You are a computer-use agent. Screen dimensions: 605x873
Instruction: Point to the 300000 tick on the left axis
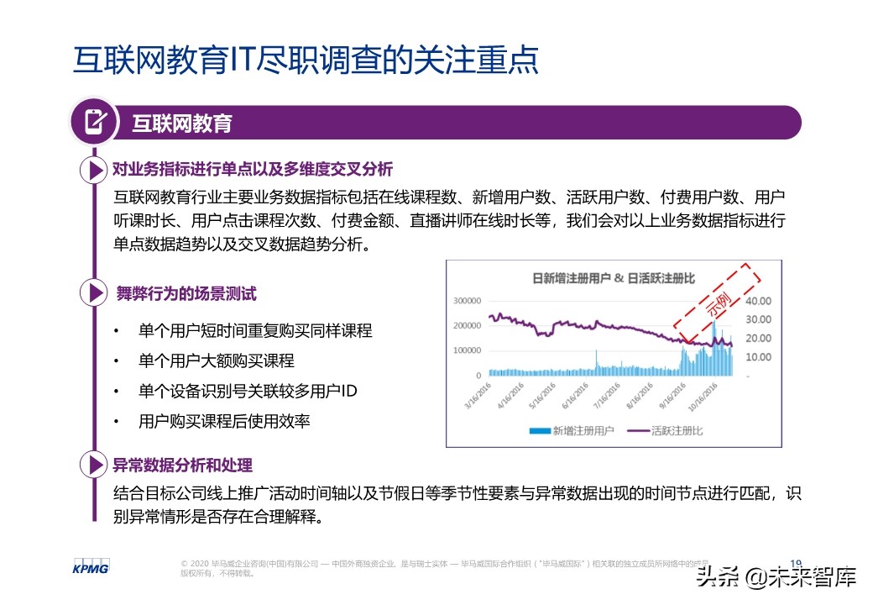tap(467, 300)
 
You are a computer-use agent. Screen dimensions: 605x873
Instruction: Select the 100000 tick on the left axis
tap(467, 350)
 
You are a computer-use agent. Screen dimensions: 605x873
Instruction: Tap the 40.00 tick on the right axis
tap(758, 301)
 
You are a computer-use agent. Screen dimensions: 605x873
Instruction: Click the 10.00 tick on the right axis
tap(758, 357)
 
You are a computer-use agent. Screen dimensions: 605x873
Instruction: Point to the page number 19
tap(797, 563)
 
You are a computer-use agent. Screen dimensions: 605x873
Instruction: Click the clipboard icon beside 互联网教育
tap(95, 122)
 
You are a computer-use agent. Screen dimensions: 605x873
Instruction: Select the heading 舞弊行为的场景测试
tap(186, 293)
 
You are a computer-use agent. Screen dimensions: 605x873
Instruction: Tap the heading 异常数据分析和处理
tap(182, 465)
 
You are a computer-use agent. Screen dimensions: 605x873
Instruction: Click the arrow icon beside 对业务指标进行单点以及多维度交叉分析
tap(91, 170)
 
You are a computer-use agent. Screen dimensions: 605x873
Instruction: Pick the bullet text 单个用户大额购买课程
tap(217, 361)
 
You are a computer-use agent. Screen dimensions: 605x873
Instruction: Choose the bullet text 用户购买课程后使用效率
tap(224, 422)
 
